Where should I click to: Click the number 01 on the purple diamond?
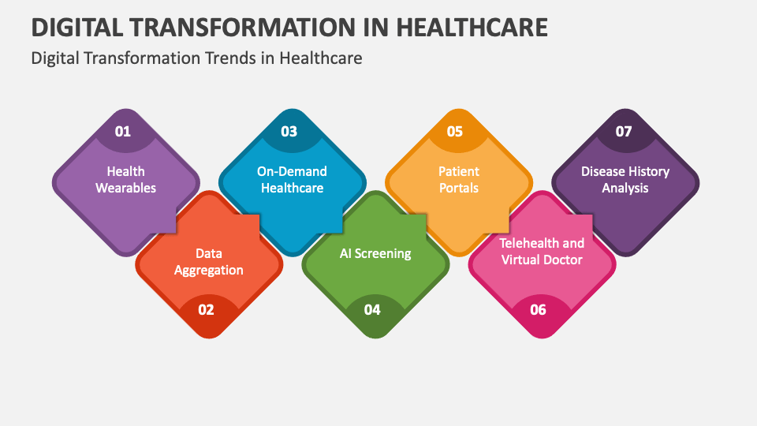(x=123, y=132)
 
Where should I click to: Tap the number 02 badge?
(x=206, y=309)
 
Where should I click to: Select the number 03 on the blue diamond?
(x=289, y=132)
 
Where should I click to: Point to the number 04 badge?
(x=372, y=309)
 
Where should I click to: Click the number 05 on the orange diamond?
(x=455, y=132)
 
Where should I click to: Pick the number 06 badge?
(x=538, y=309)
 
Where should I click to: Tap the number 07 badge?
(x=624, y=132)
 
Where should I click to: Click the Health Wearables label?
(x=126, y=179)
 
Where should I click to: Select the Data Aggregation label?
(x=209, y=262)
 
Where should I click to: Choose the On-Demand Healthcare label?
(x=292, y=179)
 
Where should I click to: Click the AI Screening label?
(x=375, y=253)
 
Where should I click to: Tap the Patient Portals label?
(x=459, y=179)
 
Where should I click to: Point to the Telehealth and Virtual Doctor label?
(x=542, y=251)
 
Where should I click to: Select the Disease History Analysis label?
(x=625, y=179)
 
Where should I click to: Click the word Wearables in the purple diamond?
(x=126, y=188)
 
